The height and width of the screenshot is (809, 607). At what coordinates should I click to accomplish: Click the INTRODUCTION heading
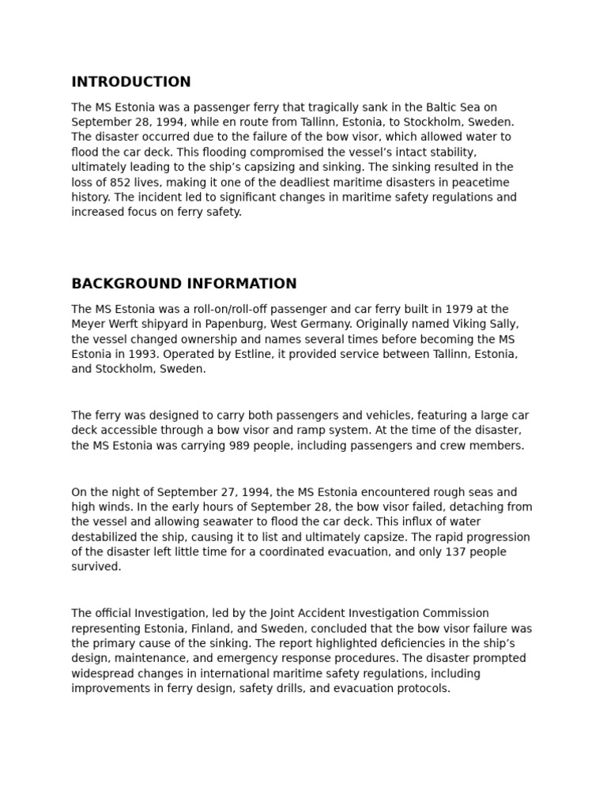131,82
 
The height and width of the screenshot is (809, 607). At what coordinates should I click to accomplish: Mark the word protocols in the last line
424,688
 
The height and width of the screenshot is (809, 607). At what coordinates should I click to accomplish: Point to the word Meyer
88,324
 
